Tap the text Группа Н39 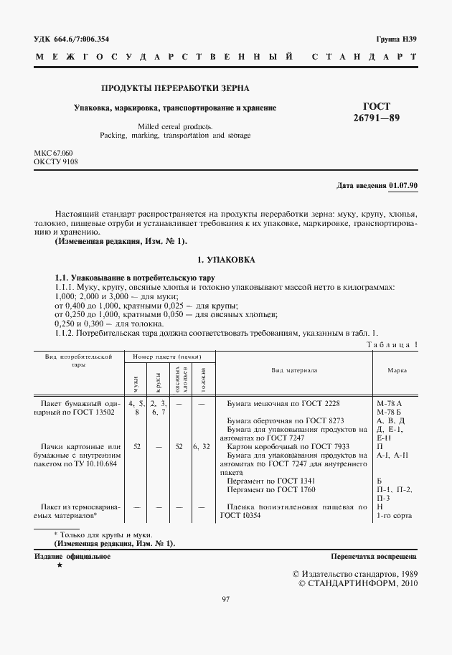(397, 39)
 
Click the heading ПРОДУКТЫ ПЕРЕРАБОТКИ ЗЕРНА (176, 88)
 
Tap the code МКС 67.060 (53, 154)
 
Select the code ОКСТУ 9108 (55, 162)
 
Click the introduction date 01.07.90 (403, 186)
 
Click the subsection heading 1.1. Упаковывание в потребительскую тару (135, 278)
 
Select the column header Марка (397, 370)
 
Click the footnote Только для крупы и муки (106, 534)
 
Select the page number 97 (225, 600)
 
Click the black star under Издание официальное (60, 566)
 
